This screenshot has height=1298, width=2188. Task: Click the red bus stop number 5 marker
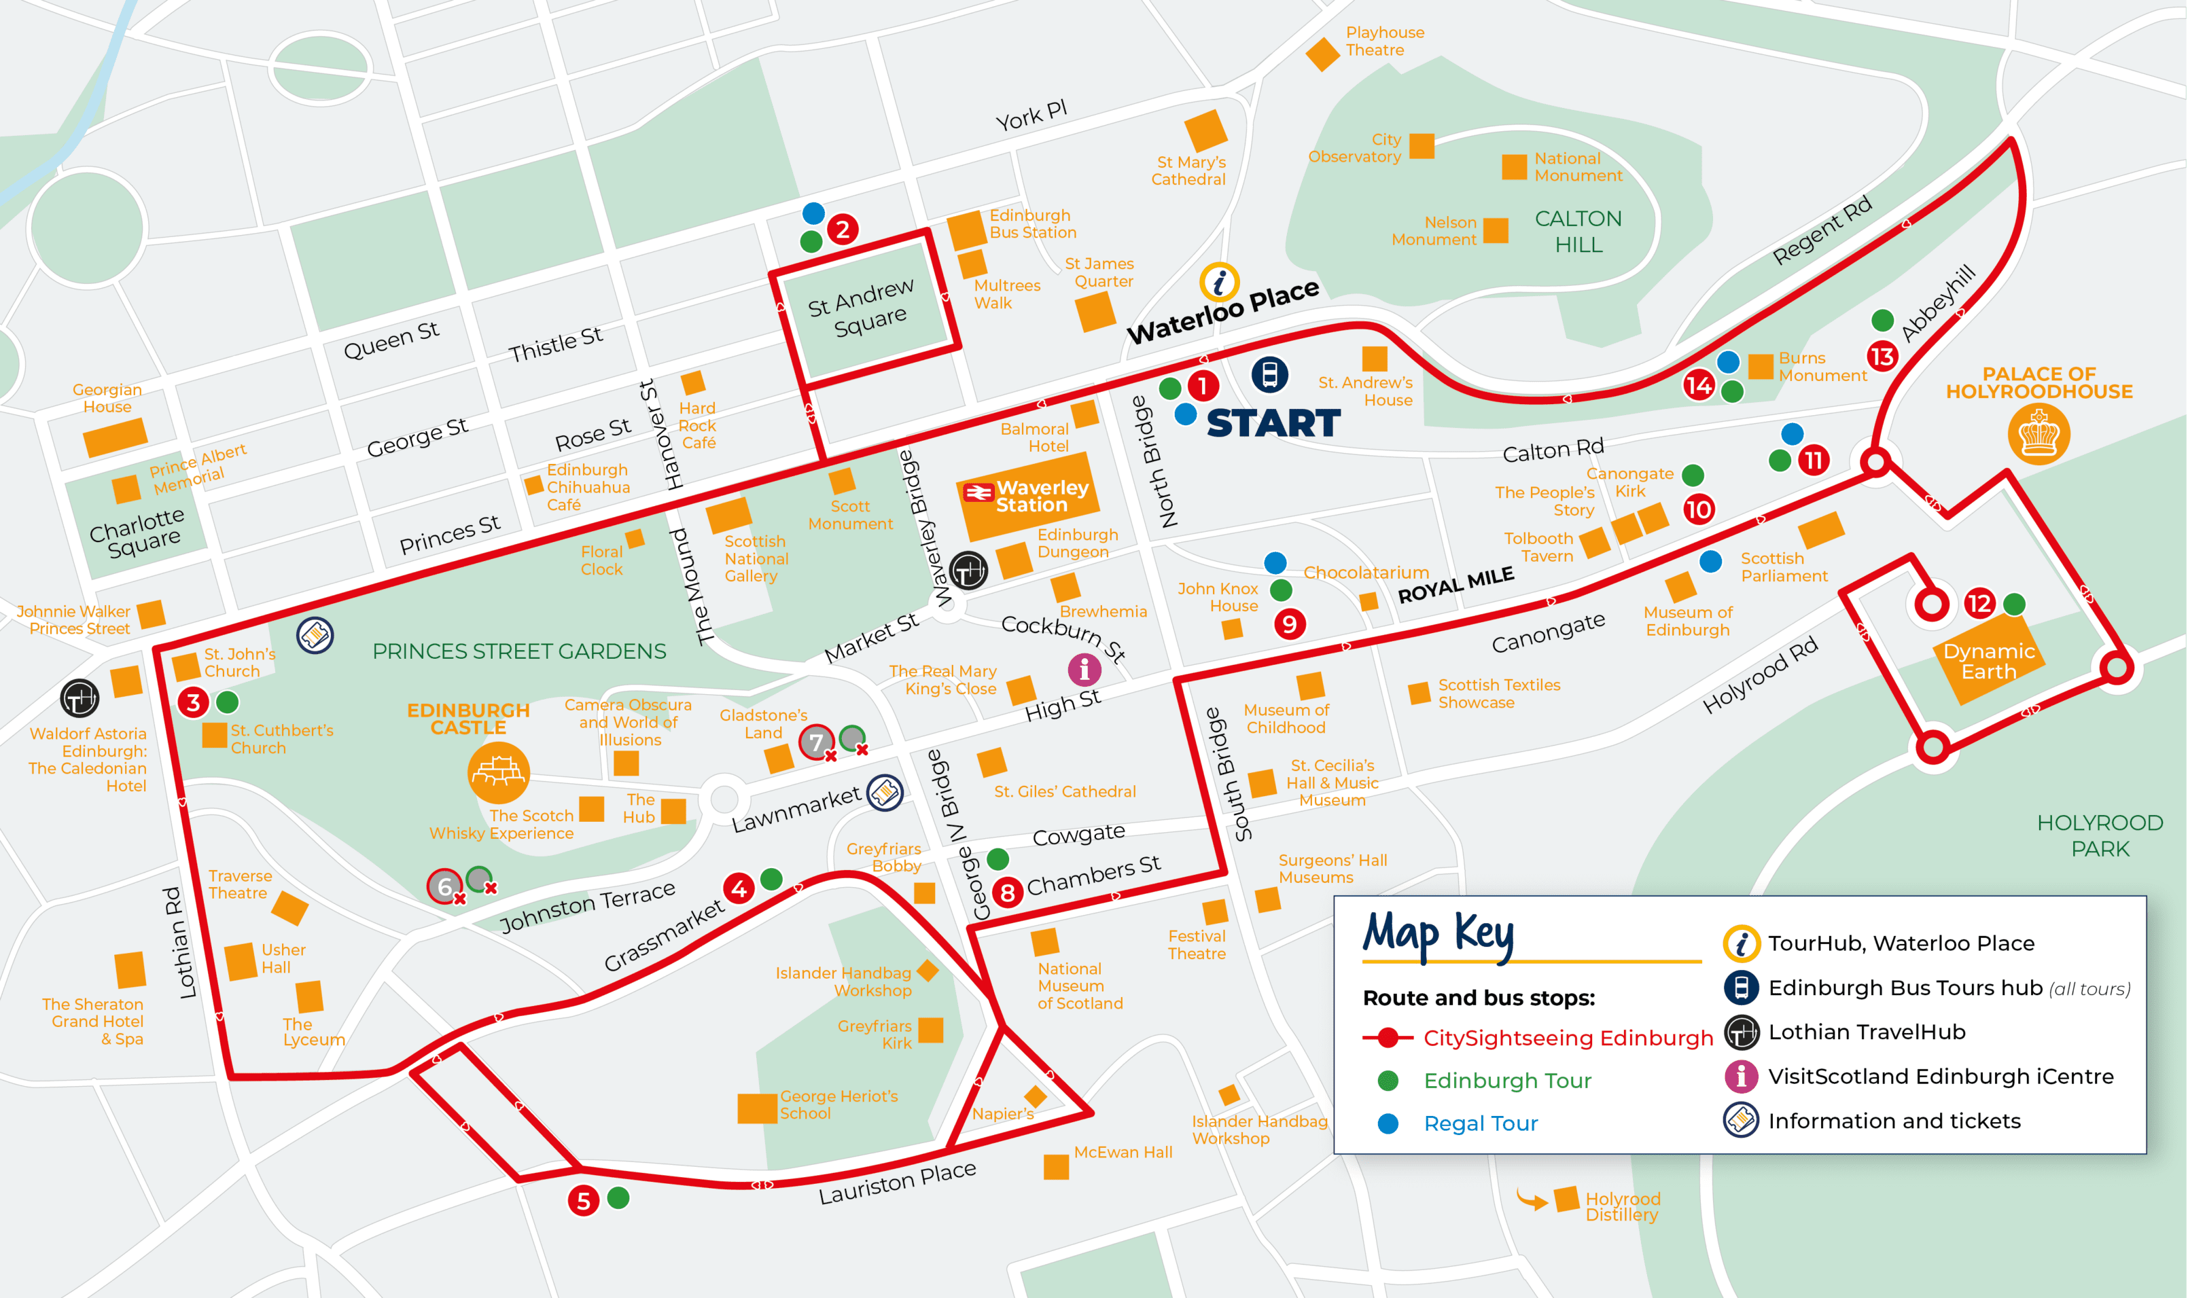pyautogui.click(x=584, y=1201)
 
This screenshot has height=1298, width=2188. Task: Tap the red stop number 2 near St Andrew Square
pyautogui.click(x=842, y=229)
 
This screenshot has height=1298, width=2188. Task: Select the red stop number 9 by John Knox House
pyautogui.click(x=1288, y=624)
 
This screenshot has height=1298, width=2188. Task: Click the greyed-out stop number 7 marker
pyautogui.click(x=815, y=742)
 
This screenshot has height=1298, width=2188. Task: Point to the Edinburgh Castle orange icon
pyautogui.click(x=498, y=772)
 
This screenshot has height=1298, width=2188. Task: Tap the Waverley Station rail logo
pyautogui.click(x=977, y=492)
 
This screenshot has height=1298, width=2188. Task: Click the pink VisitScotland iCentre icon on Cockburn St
pyautogui.click(x=1084, y=669)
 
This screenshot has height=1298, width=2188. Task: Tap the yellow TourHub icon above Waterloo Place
pyautogui.click(x=1218, y=282)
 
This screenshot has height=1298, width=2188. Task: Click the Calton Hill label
pyautogui.click(x=1578, y=232)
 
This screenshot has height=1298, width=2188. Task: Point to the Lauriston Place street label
pyautogui.click(x=897, y=1183)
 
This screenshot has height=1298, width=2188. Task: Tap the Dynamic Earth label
pyautogui.click(x=1988, y=662)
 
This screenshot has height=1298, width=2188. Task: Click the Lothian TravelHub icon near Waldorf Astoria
pyautogui.click(x=80, y=698)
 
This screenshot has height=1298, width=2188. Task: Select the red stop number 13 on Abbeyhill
pyautogui.click(x=1882, y=356)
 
